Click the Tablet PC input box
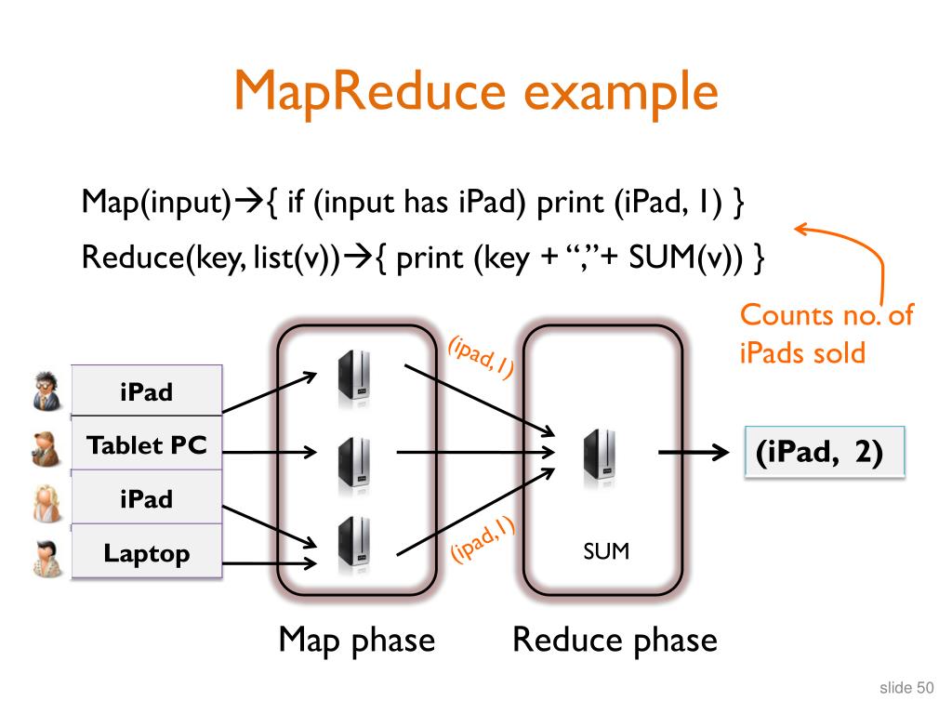click(147, 445)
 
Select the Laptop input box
click(147, 554)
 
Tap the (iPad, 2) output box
click(825, 453)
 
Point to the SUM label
click(606, 551)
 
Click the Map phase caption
click(357, 640)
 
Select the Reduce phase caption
click(615, 640)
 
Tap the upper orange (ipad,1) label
click(481, 356)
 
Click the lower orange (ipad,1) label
click(483, 540)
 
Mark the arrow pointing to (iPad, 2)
click(693, 453)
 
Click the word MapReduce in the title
click(372, 93)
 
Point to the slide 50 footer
click(906, 688)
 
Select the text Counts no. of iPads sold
click(826, 334)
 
